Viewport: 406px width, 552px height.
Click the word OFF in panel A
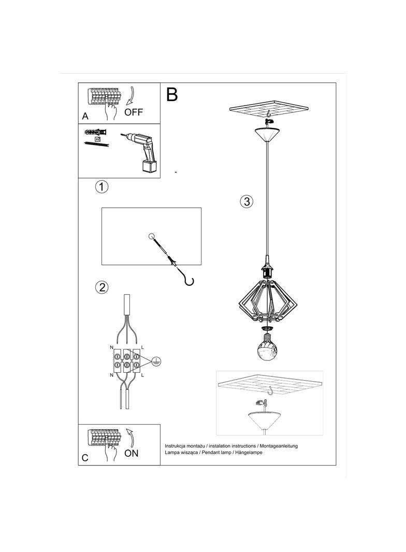click(x=133, y=112)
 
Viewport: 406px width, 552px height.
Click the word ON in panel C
click(x=132, y=453)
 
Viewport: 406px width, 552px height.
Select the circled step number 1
click(x=102, y=187)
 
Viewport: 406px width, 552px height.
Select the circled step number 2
click(x=102, y=287)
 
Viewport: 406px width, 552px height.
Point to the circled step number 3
click(x=247, y=202)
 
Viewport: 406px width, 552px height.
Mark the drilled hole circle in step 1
click(x=152, y=237)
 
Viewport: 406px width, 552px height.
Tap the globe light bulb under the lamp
click(x=268, y=351)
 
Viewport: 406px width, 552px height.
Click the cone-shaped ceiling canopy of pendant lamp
click(x=267, y=134)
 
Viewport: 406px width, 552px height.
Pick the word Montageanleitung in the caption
click(x=278, y=445)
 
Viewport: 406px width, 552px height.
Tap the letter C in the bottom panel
click(x=85, y=458)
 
